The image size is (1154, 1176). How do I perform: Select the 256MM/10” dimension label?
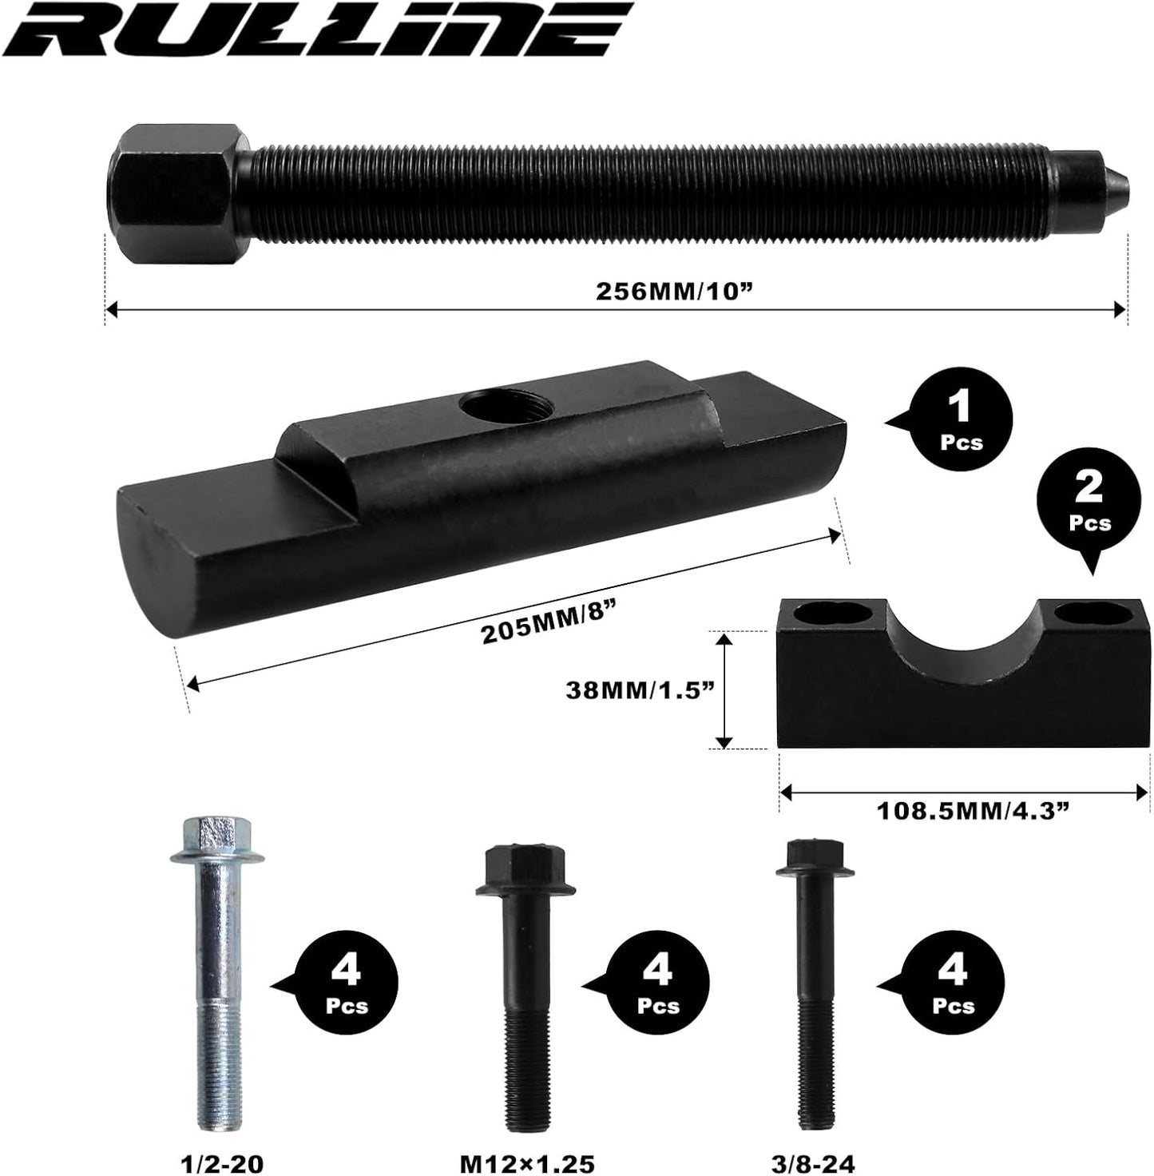tap(675, 291)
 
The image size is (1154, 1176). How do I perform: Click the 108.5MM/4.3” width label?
tap(973, 812)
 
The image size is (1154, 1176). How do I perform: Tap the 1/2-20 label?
tap(217, 1163)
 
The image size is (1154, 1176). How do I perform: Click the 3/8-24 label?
tap(816, 1163)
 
